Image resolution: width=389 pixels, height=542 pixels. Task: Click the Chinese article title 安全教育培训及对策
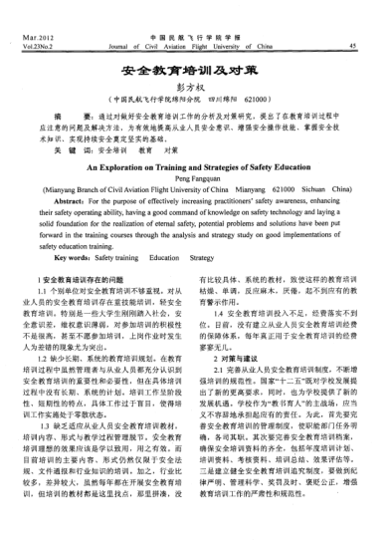point(193,74)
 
